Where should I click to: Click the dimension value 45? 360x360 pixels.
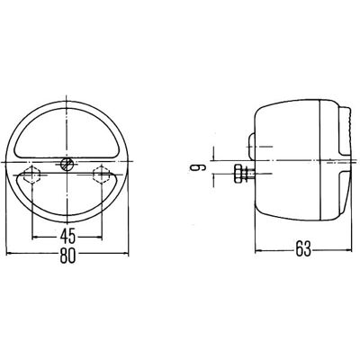[x=67, y=237]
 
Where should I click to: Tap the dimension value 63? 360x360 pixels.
[x=303, y=250]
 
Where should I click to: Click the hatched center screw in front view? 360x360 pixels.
[x=67, y=164]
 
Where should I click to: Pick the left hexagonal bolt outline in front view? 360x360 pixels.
[x=31, y=175]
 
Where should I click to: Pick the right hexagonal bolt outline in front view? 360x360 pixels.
[x=101, y=175]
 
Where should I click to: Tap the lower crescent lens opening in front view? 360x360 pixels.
[x=66, y=195]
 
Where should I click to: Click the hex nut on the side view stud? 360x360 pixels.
[x=238, y=174]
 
